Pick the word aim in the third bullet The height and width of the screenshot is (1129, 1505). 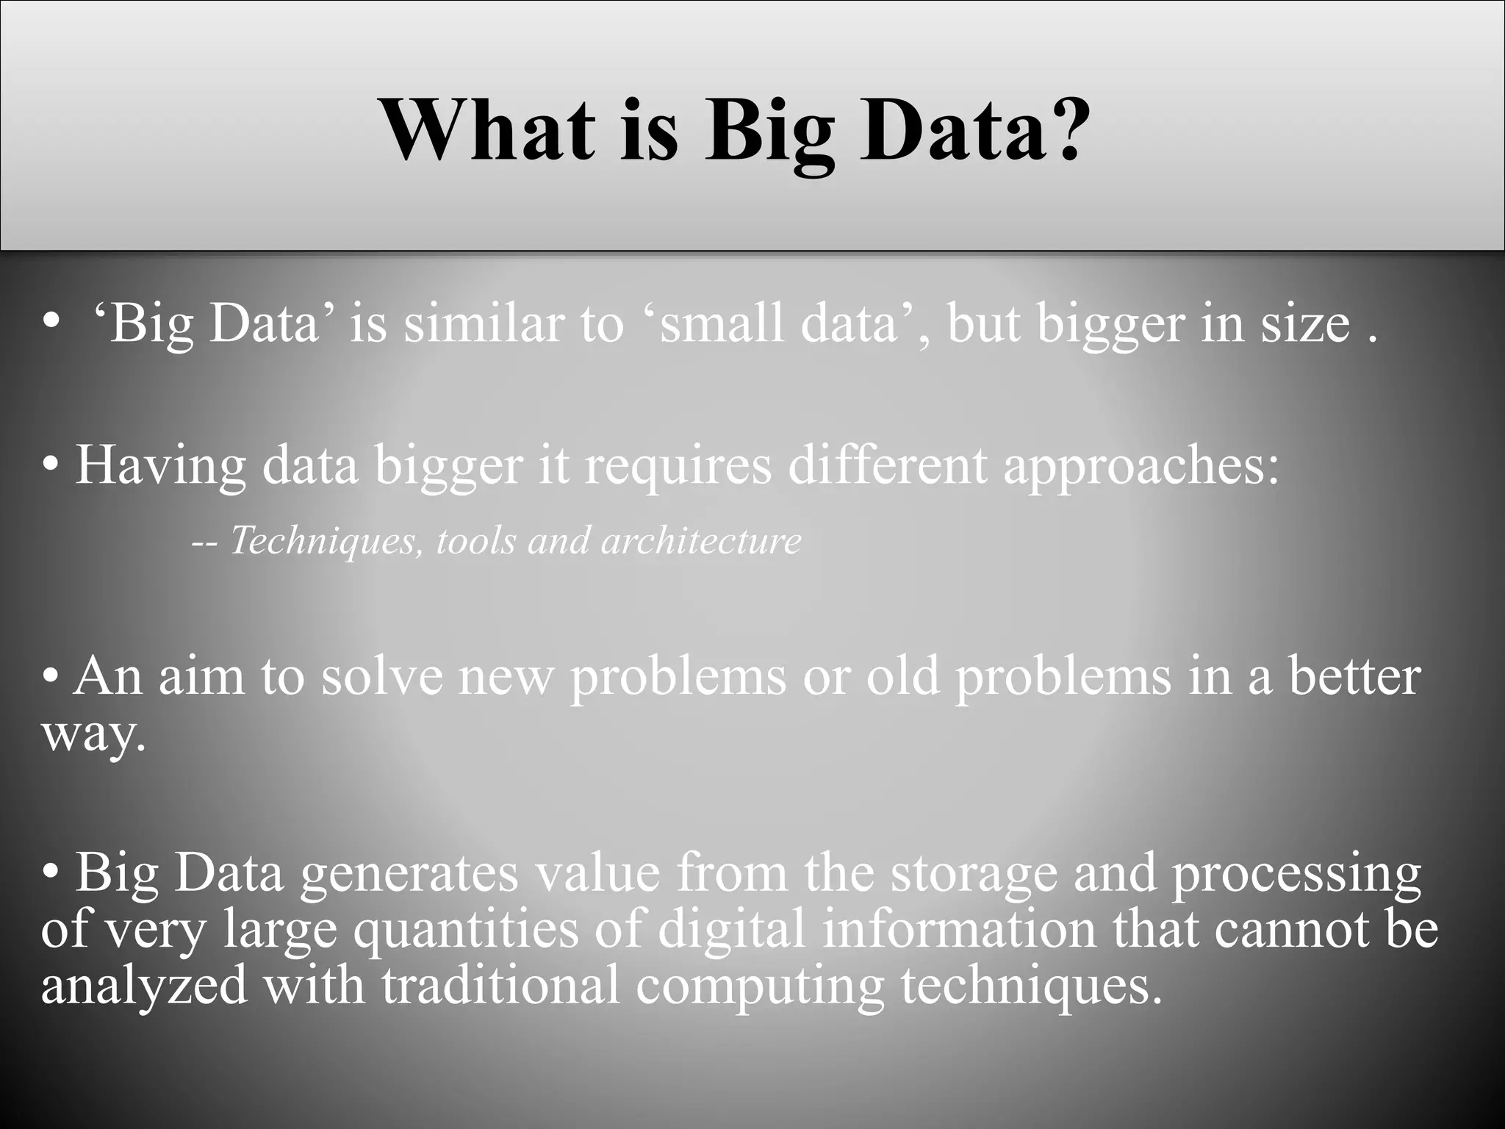[201, 675]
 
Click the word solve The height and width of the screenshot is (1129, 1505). [381, 675]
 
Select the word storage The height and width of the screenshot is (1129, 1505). [973, 875]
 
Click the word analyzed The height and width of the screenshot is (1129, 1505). [144, 986]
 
